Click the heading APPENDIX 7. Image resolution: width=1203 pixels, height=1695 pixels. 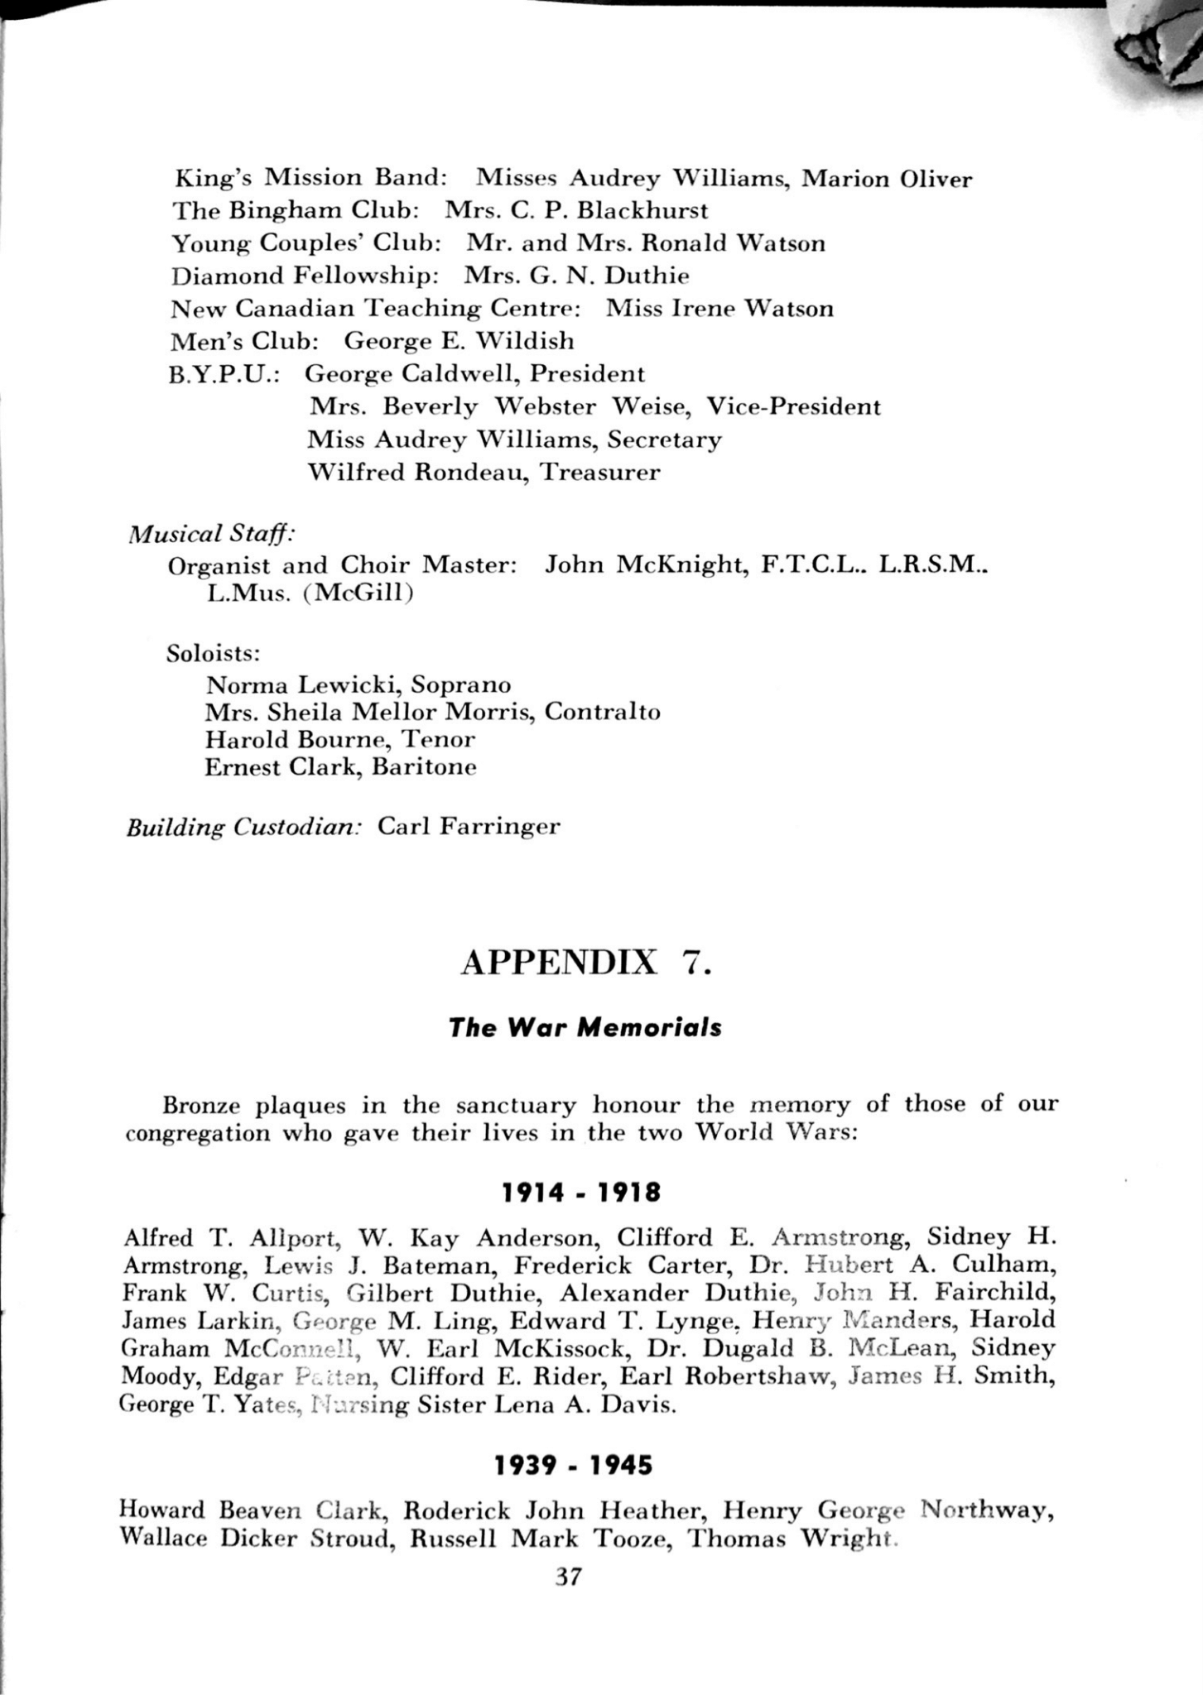(585, 964)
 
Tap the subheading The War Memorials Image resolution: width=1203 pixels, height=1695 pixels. (585, 1028)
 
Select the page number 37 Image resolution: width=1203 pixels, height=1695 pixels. (569, 1577)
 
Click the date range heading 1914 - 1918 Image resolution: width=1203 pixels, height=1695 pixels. (581, 1193)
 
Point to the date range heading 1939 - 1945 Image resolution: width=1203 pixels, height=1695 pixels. (573, 1466)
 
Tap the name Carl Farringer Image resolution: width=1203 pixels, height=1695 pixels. (469, 827)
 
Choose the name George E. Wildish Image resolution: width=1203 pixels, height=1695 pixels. (459, 341)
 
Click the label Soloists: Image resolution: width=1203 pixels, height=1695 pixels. (214, 653)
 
